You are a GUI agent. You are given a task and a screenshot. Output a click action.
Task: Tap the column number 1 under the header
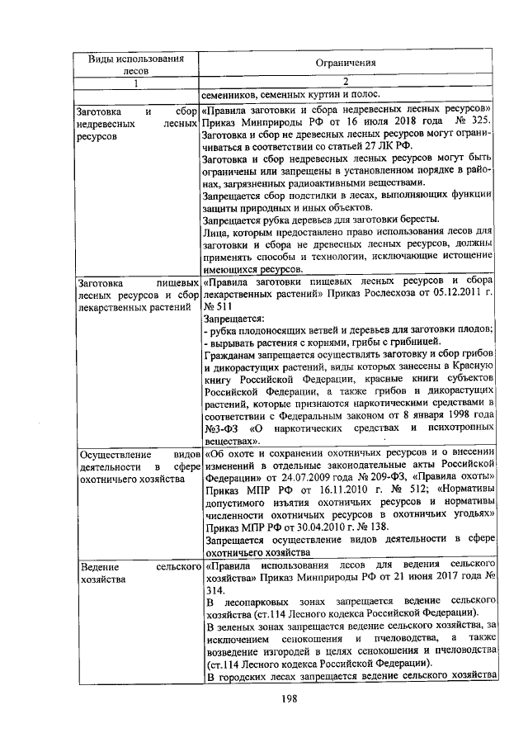[137, 81]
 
